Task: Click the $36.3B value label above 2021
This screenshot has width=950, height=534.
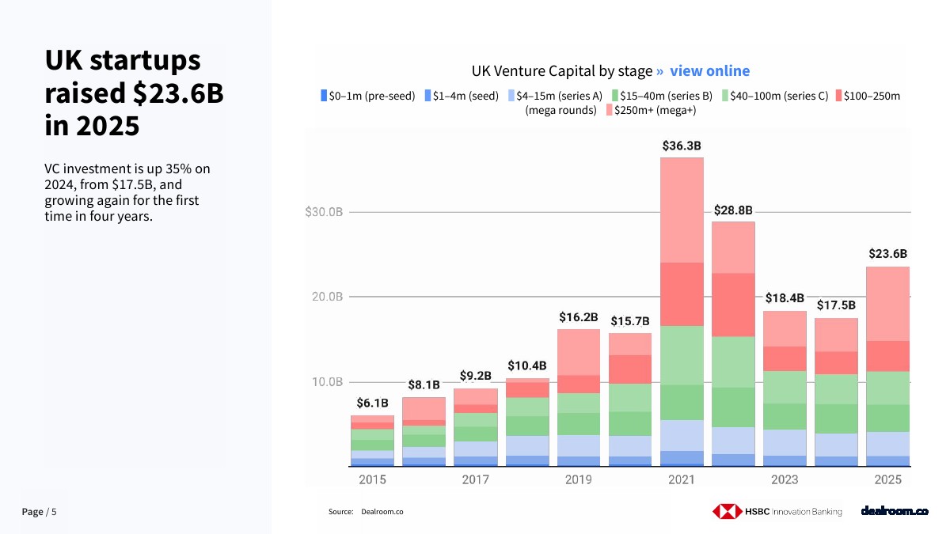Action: click(682, 146)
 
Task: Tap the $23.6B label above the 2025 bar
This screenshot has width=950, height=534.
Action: click(887, 253)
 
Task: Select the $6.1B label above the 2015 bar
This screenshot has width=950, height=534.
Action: click(372, 403)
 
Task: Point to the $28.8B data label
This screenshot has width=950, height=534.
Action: click(733, 210)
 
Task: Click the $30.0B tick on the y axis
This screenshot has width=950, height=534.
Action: click(324, 212)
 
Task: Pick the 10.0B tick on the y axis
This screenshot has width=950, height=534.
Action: click(327, 382)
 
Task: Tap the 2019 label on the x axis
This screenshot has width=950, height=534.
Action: click(579, 479)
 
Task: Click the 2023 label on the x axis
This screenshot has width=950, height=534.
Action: click(785, 479)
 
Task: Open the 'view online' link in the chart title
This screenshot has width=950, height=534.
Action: click(709, 70)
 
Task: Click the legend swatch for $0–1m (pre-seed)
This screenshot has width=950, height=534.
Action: click(324, 96)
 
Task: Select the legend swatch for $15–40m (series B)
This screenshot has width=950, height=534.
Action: click(615, 96)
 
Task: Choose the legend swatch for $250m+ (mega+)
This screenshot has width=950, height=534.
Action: click(610, 110)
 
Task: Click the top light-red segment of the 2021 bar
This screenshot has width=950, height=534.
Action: click(682, 210)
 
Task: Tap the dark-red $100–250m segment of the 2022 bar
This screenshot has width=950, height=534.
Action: click(733, 305)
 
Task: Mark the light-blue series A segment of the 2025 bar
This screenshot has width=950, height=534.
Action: click(887, 444)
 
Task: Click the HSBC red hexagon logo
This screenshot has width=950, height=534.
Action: click(727, 511)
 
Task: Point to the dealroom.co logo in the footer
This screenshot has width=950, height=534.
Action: click(895, 511)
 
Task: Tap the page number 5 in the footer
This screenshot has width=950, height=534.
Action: click(54, 512)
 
